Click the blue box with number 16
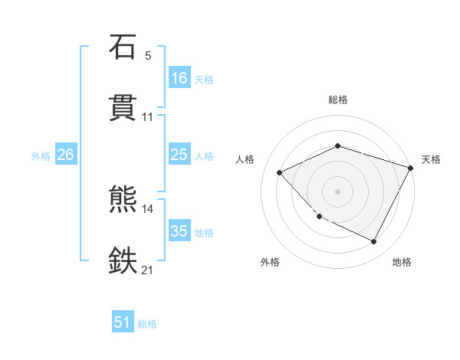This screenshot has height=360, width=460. tap(179, 77)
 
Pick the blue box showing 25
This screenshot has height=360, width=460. tap(179, 155)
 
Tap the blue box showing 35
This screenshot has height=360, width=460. tap(179, 231)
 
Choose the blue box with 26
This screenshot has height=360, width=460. tap(65, 155)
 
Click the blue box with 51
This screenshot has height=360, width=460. tap(123, 322)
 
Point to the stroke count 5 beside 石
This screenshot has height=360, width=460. tap(148, 56)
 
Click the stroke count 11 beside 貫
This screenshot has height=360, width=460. tap(148, 117)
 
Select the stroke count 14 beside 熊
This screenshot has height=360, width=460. tap(148, 209)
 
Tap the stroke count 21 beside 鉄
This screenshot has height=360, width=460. tap(148, 270)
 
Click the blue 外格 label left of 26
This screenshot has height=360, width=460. tap(41, 155)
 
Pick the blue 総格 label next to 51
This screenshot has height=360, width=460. tap(147, 324)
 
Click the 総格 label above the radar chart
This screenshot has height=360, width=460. tap(338, 100)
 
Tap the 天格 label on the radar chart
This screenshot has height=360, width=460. tap(431, 159)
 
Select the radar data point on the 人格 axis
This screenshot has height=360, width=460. tap(280, 172)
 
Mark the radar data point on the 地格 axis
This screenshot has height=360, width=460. tap(373, 242)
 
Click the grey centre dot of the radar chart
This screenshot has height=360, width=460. tap(338, 191)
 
